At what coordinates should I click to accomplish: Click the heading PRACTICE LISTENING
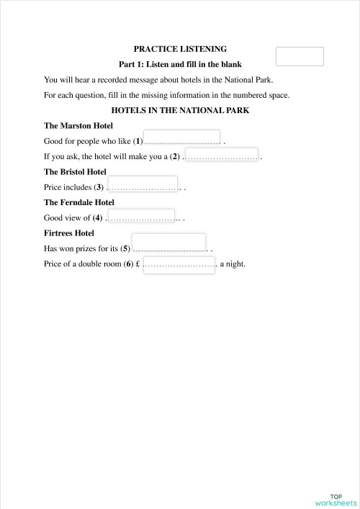pyautogui.click(x=180, y=49)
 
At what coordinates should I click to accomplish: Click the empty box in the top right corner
pyautogui.click(x=300, y=56)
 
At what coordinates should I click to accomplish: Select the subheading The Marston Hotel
pyautogui.click(x=78, y=126)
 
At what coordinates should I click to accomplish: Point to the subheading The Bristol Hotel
pyautogui.click(x=75, y=172)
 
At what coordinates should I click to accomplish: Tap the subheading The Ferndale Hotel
pyautogui.click(x=79, y=202)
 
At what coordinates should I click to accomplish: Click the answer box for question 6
pyautogui.click(x=179, y=264)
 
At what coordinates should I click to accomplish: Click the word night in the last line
pyautogui.click(x=236, y=264)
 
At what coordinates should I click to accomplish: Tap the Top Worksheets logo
pyautogui.click(x=336, y=500)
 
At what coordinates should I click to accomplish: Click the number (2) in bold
pyautogui.click(x=174, y=156)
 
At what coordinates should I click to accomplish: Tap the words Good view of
pyautogui.click(x=68, y=217)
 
